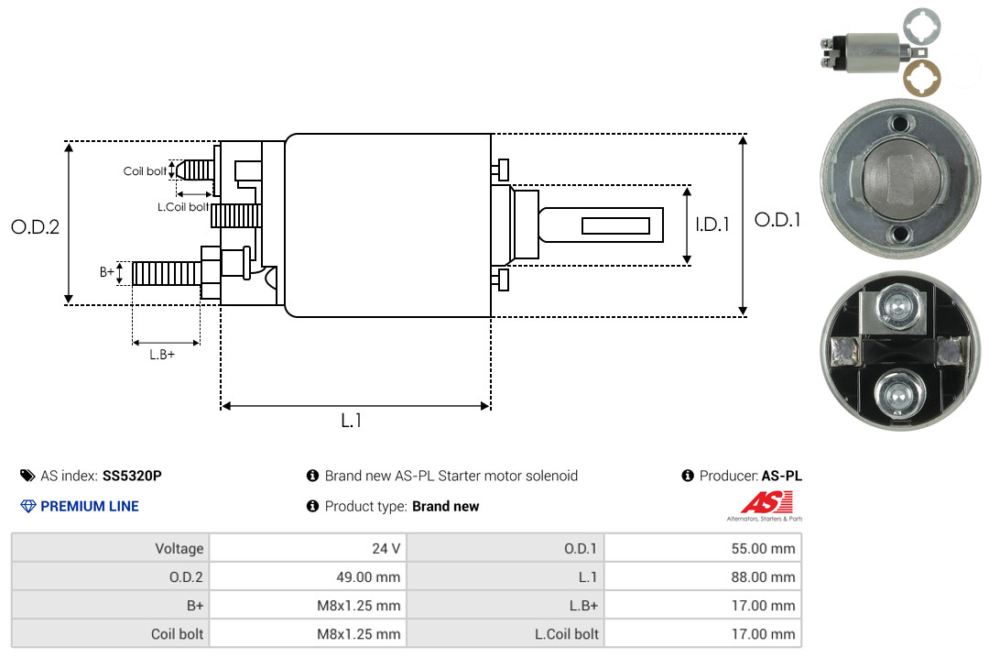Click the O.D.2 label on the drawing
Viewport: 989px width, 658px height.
36,226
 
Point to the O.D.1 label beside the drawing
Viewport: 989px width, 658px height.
777,220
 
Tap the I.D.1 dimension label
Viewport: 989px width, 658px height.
712,225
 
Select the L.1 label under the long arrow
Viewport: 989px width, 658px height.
352,421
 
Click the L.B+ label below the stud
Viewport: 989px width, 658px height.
162,355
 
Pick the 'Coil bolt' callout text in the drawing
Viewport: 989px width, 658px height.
145,171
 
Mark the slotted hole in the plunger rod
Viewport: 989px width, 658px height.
615,225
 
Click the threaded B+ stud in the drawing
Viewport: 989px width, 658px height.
167,273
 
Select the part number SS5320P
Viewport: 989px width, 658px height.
132,476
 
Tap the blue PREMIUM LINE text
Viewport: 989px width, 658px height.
90,507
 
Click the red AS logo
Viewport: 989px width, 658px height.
766,503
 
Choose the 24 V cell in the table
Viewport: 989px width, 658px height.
308,548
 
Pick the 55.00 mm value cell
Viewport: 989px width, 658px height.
702,548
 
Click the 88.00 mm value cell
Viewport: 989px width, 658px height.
702,576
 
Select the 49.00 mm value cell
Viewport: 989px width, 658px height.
308,576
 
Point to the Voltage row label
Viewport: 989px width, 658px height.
179,548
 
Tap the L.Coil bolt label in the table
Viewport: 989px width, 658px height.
567,634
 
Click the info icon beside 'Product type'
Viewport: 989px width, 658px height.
312,506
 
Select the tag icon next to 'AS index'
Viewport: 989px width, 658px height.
27,476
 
